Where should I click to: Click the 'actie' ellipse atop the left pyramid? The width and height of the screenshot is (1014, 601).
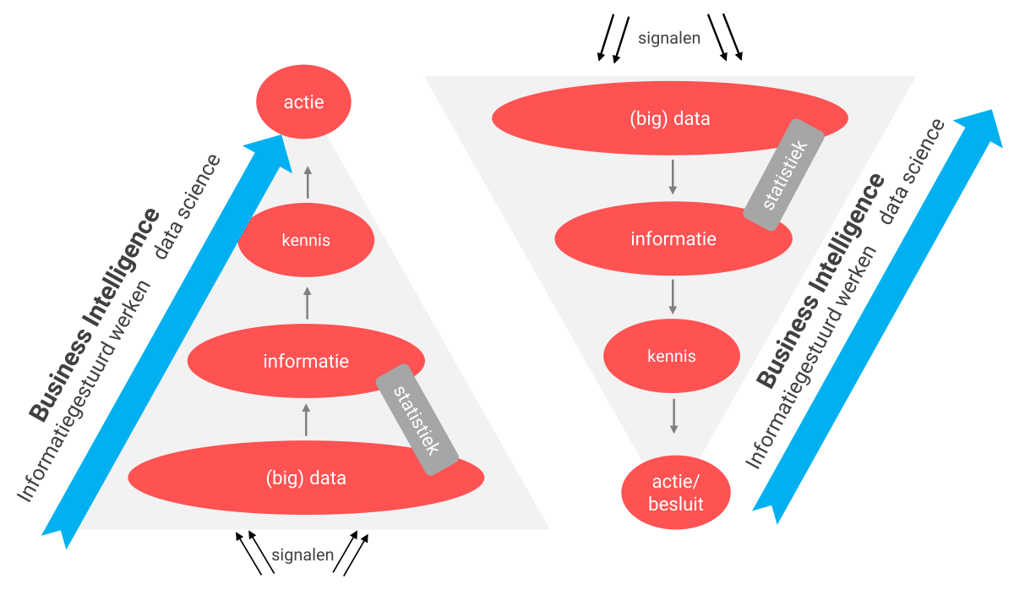pyautogui.click(x=303, y=102)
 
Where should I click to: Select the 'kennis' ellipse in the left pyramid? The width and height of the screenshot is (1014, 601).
pyautogui.click(x=306, y=240)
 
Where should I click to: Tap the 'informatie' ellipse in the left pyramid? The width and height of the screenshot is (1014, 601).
pyautogui.click(x=306, y=362)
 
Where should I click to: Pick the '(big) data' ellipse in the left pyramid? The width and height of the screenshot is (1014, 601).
pyautogui.click(x=306, y=478)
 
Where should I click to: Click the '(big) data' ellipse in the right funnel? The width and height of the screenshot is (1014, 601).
pyautogui.click(x=669, y=118)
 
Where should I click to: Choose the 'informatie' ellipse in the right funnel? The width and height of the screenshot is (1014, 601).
pyautogui.click(x=673, y=239)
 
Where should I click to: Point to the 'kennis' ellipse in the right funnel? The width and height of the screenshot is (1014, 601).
pyautogui.click(x=672, y=356)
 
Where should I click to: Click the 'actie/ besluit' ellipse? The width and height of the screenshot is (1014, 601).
pyautogui.click(x=676, y=494)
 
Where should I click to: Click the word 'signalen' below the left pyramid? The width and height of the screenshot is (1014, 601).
pyautogui.click(x=303, y=555)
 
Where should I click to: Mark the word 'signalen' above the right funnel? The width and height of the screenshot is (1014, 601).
pyautogui.click(x=669, y=37)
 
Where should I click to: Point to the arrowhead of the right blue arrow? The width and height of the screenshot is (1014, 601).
pyautogui.click(x=981, y=123)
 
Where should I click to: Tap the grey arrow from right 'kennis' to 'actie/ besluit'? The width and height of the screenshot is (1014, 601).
pyautogui.click(x=673, y=415)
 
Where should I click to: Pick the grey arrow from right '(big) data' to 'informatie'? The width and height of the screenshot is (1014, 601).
pyautogui.click(x=673, y=176)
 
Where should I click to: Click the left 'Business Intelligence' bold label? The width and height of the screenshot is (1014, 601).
pyautogui.click(x=95, y=314)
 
